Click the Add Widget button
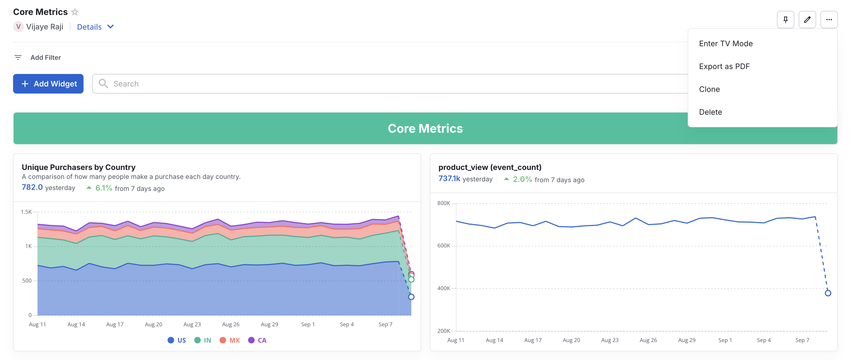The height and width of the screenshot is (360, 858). (48, 83)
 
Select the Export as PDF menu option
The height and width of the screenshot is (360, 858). (724, 66)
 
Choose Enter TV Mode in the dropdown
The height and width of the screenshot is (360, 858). (726, 44)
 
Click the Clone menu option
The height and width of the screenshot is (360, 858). (709, 89)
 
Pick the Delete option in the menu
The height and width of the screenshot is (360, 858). (710, 112)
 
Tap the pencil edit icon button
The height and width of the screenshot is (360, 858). (807, 20)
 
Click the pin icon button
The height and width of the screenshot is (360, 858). (785, 20)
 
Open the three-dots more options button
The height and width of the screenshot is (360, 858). (829, 20)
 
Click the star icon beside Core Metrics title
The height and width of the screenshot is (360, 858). (75, 12)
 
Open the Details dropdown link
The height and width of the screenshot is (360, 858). (95, 27)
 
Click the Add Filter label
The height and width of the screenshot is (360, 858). (45, 58)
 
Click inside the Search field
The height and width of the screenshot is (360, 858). (366, 83)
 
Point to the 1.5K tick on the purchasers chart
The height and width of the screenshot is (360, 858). (26, 212)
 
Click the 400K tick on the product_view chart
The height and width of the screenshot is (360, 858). (443, 288)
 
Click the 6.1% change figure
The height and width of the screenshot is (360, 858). (104, 188)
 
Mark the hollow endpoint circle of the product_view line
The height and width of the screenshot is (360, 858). (828, 293)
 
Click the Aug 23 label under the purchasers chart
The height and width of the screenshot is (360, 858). (192, 324)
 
